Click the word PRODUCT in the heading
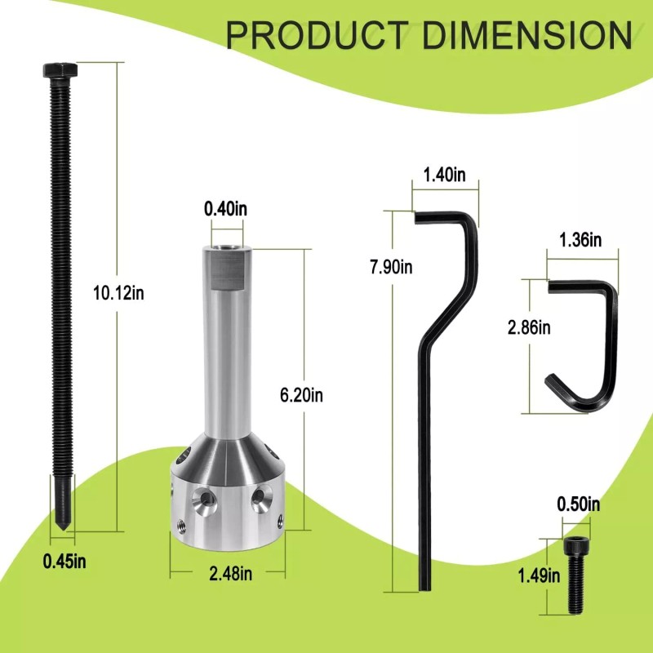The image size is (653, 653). coord(317,35)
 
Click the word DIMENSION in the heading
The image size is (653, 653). coord(527,35)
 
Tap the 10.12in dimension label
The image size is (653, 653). coord(118,293)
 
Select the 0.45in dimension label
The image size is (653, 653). coord(64,562)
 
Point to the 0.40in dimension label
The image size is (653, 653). coord(225,209)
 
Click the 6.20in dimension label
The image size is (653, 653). coord(301,395)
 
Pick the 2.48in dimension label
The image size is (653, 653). coord(231,574)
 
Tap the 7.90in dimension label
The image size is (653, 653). coord(391,267)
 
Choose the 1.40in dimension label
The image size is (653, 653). coord(444,175)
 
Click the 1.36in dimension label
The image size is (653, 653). coord(580,240)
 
